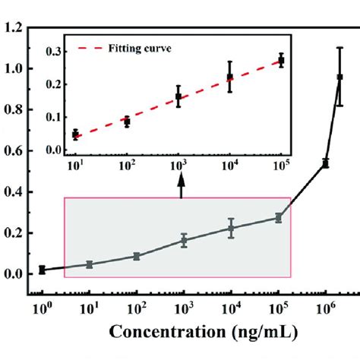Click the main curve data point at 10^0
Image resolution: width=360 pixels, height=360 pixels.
(x=42, y=270)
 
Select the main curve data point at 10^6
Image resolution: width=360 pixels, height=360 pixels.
(x=326, y=163)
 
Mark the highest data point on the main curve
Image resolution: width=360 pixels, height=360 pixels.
(x=339, y=77)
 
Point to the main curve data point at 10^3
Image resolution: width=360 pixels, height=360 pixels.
(x=184, y=241)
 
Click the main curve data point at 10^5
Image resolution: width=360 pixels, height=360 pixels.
(x=279, y=218)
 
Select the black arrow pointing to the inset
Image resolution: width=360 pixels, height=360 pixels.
(x=181, y=186)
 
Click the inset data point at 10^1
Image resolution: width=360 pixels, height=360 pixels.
(x=75, y=134)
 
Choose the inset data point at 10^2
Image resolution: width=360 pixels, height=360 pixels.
(x=127, y=122)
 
